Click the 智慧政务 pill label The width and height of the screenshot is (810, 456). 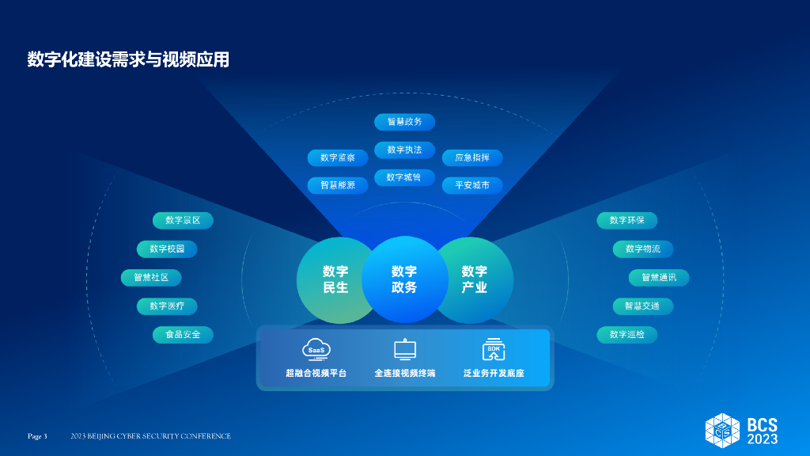404,122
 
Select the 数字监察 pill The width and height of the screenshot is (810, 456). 338,158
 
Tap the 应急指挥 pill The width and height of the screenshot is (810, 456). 472,158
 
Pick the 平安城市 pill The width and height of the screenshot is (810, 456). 472,185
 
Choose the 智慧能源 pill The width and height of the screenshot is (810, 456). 338,185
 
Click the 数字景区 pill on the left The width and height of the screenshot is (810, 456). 183,220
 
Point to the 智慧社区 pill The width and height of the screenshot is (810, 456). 151,277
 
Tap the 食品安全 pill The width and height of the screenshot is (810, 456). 183,334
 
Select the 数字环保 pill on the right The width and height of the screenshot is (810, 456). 626,220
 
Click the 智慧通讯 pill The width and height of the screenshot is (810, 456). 658,277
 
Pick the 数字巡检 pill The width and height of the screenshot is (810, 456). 626,334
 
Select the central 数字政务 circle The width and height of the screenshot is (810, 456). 404,279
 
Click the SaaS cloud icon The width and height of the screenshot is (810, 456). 316,349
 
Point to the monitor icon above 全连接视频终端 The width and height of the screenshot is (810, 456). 404,349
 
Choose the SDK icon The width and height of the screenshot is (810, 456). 494,349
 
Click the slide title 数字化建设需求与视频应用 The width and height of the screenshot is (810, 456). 128,59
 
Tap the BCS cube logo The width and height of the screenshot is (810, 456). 722,429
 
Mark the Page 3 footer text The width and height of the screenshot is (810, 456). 37,436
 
